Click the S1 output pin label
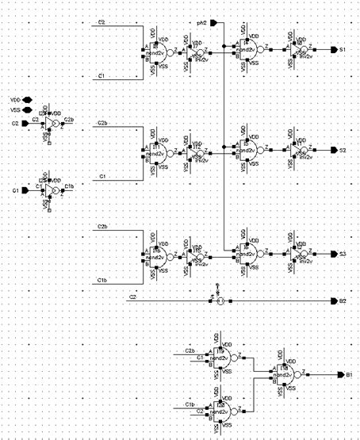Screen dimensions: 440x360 pyautogui.click(x=342, y=49)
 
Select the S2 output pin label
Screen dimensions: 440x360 pyautogui.click(x=342, y=150)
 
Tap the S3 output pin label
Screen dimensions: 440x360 pyautogui.click(x=342, y=254)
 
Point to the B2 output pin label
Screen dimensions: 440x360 pyautogui.click(x=342, y=300)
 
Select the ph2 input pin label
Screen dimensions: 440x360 pyautogui.click(x=201, y=24)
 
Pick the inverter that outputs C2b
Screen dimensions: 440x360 pyautogui.click(x=52, y=126)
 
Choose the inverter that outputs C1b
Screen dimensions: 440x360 pyautogui.click(x=52, y=191)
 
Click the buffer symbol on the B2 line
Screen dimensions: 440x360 pyautogui.click(x=221, y=300)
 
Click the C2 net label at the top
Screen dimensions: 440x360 pyautogui.click(x=102, y=24)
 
